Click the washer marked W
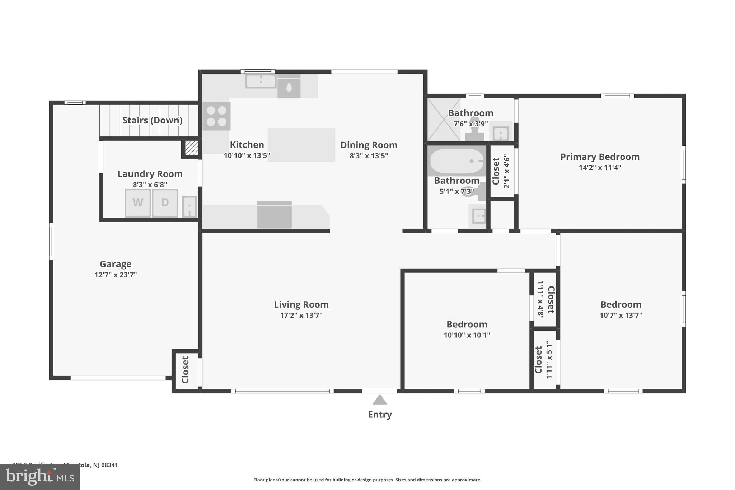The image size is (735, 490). coord(138,203)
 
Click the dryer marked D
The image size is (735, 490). coord(165,203)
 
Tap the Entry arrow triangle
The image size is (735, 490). coord(380,400)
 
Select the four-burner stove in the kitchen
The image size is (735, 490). coord(216,116)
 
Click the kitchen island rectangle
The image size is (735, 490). coord(301,145)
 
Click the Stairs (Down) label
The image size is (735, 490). coord(152,120)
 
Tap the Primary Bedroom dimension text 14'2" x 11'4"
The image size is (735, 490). coord(600,168)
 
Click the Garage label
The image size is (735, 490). coord(116,264)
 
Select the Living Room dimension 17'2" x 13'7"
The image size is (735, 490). coord(301,316)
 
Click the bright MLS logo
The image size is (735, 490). coord(40,477)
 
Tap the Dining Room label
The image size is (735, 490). coord(369,145)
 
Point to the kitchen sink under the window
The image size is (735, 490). coord(261,81)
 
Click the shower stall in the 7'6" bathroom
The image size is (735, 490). coord(444,120)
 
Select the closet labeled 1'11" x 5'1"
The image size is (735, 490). coord(544,360)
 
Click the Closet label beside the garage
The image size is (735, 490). coord(186,370)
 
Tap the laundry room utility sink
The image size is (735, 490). coord(189,206)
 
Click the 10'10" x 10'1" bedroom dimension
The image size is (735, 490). coord(467,335)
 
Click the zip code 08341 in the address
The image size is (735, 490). coord(109,465)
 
